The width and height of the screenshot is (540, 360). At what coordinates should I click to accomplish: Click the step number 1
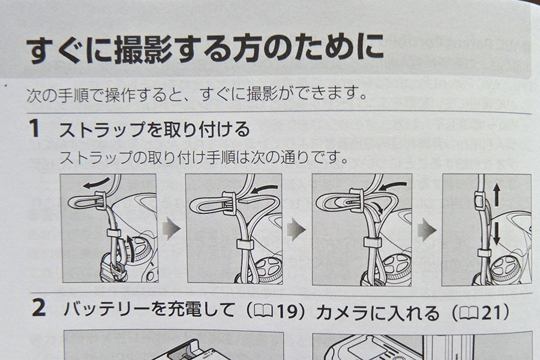pos(35,128)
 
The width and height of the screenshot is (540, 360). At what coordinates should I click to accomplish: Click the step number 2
pos(38,308)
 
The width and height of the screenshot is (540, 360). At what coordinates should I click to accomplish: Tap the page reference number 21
pos(490,313)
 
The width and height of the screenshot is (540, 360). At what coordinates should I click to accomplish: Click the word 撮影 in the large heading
pos(143,50)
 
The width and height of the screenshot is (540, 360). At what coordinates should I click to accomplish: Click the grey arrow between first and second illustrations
pos(171,229)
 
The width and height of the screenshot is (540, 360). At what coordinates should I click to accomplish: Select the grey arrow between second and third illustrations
pos(296,229)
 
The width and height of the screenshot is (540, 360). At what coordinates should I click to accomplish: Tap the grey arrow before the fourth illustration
pos(427,230)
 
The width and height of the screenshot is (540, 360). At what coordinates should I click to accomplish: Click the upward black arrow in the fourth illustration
pos(496,194)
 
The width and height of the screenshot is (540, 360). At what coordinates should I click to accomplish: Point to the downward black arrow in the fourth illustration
pos(496,234)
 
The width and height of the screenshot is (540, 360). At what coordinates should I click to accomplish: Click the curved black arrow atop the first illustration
pos(96,183)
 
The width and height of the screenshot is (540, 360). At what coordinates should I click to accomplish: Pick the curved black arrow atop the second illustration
pos(264,189)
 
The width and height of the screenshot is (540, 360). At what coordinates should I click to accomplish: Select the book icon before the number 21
pos(469,313)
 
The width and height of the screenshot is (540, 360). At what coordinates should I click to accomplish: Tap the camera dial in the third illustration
pos(397,269)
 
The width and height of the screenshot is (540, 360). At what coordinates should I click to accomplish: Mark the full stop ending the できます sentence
pos(362,96)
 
